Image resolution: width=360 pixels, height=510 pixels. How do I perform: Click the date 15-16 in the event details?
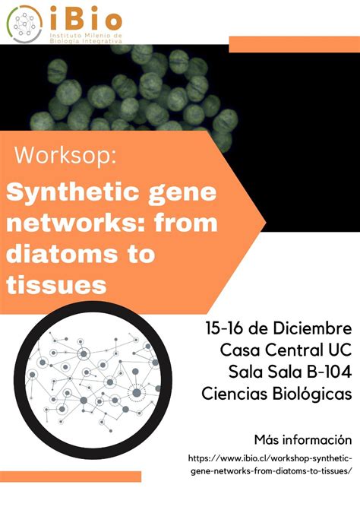pyautogui.click(x=228, y=329)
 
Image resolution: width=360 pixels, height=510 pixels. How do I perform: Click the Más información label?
pyautogui.click(x=303, y=439)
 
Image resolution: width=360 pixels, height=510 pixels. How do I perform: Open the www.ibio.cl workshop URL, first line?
pyautogui.click(x=270, y=459)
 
